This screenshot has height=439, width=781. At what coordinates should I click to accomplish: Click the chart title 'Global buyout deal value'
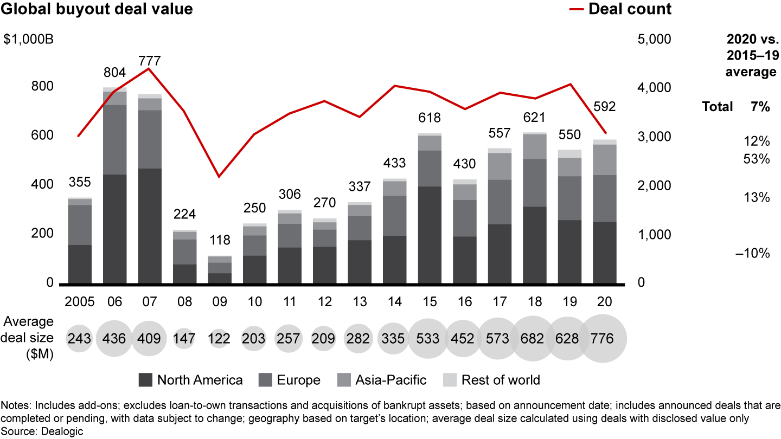pyautogui.click(x=97, y=9)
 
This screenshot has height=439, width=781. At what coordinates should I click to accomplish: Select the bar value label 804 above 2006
pyautogui.click(x=115, y=73)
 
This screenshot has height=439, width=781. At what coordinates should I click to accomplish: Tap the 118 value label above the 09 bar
pyautogui.click(x=220, y=240)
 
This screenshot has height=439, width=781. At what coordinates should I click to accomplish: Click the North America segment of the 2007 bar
pyautogui.click(x=150, y=226)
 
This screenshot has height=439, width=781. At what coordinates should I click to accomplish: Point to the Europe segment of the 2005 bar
pyautogui.click(x=80, y=225)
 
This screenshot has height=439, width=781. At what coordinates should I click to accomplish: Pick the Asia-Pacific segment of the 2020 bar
pyautogui.click(x=605, y=160)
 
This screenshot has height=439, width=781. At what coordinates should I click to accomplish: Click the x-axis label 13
pyautogui.click(x=360, y=302)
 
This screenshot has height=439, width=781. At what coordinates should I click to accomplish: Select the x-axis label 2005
pyautogui.click(x=80, y=302)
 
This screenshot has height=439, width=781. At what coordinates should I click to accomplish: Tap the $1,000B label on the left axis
pyautogui.click(x=29, y=39)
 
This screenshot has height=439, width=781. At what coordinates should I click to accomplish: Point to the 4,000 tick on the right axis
pyautogui.click(x=654, y=87)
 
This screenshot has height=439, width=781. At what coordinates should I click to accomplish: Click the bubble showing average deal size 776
pyautogui.click(x=603, y=338)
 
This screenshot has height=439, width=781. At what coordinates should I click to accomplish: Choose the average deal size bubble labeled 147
pyautogui.click(x=184, y=338)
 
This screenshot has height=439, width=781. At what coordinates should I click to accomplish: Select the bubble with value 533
pyautogui.click(x=428, y=338)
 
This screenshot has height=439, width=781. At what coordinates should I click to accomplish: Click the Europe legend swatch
pyautogui.click(x=265, y=380)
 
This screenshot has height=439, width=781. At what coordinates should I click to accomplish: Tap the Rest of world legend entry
pyautogui.click(x=491, y=380)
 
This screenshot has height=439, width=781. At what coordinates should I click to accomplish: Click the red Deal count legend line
pyautogui.click(x=577, y=9)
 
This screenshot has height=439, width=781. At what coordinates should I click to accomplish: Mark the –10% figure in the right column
pyautogui.click(x=752, y=253)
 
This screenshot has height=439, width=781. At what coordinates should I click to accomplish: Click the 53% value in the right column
pyautogui.click(x=757, y=159)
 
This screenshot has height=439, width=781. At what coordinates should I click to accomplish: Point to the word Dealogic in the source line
pyautogui.click(x=62, y=431)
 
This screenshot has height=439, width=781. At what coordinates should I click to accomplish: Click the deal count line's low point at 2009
pyautogui.click(x=219, y=177)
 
